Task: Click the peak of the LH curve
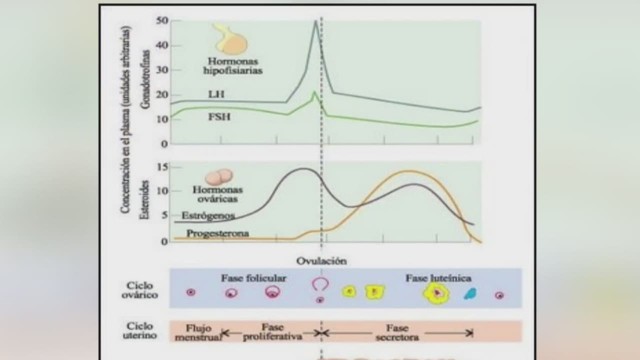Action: click(315, 21)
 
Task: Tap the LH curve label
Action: click(216, 94)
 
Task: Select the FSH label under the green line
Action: click(218, 117)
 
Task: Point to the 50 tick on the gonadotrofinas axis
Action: click(162, 20)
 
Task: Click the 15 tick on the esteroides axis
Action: click(162, 167)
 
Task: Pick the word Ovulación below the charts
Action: click(321, 261)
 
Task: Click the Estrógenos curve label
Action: click(208, 216)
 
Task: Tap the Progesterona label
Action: click(217, 233)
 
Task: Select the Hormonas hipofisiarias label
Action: click(232, 65)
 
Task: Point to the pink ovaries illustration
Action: click(219, 177)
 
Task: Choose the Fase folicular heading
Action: click(253, 278)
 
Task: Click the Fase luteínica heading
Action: click(438, 278)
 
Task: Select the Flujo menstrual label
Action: click(198, 332)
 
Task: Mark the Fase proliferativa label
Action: click(272, 332)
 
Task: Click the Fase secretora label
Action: click(397, 332)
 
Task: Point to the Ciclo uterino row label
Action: click(139, 330)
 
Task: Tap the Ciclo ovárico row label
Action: click(139, 290)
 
